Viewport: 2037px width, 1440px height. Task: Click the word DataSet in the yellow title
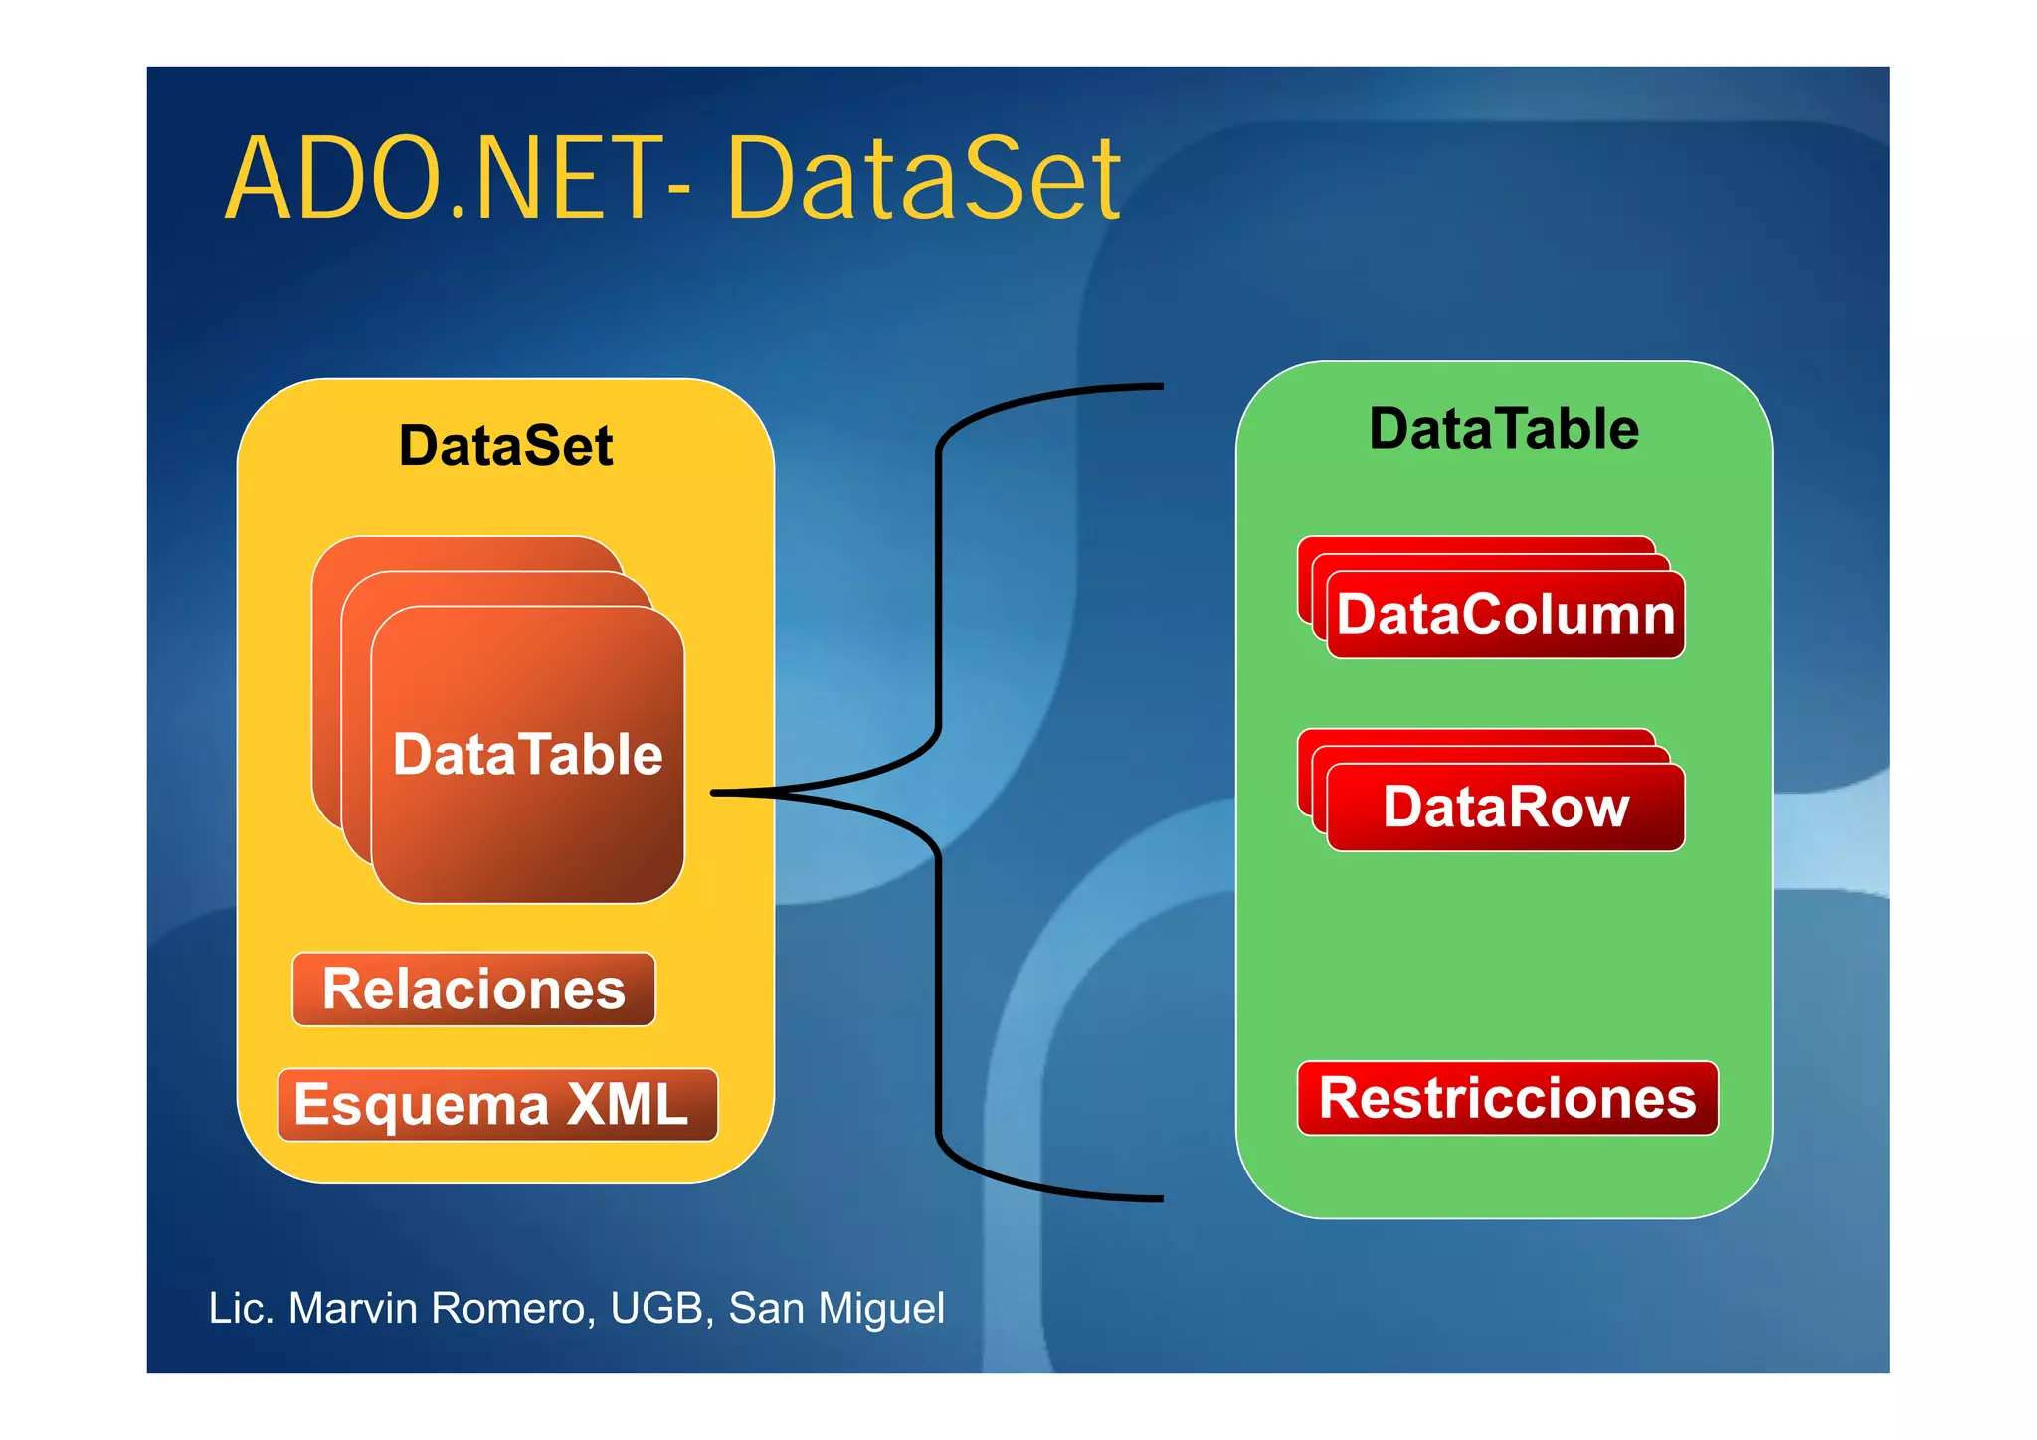click(923, 181)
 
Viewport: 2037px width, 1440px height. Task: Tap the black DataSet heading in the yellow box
click(505, 447)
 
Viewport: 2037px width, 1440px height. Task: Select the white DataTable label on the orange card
click(527, 754)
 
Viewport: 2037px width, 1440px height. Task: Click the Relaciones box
click(473, 990)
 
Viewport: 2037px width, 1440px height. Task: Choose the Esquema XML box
click(497, 1105)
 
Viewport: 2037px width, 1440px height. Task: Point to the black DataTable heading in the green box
click(1503, 430)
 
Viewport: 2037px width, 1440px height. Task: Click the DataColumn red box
click(1505, 615)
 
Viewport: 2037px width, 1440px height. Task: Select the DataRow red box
click(1505, 807)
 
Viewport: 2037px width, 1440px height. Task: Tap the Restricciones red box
click(1507, 1098)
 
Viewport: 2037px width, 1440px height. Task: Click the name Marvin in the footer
click(352, 1309)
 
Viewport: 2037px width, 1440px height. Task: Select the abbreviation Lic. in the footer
click(241, 1309)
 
